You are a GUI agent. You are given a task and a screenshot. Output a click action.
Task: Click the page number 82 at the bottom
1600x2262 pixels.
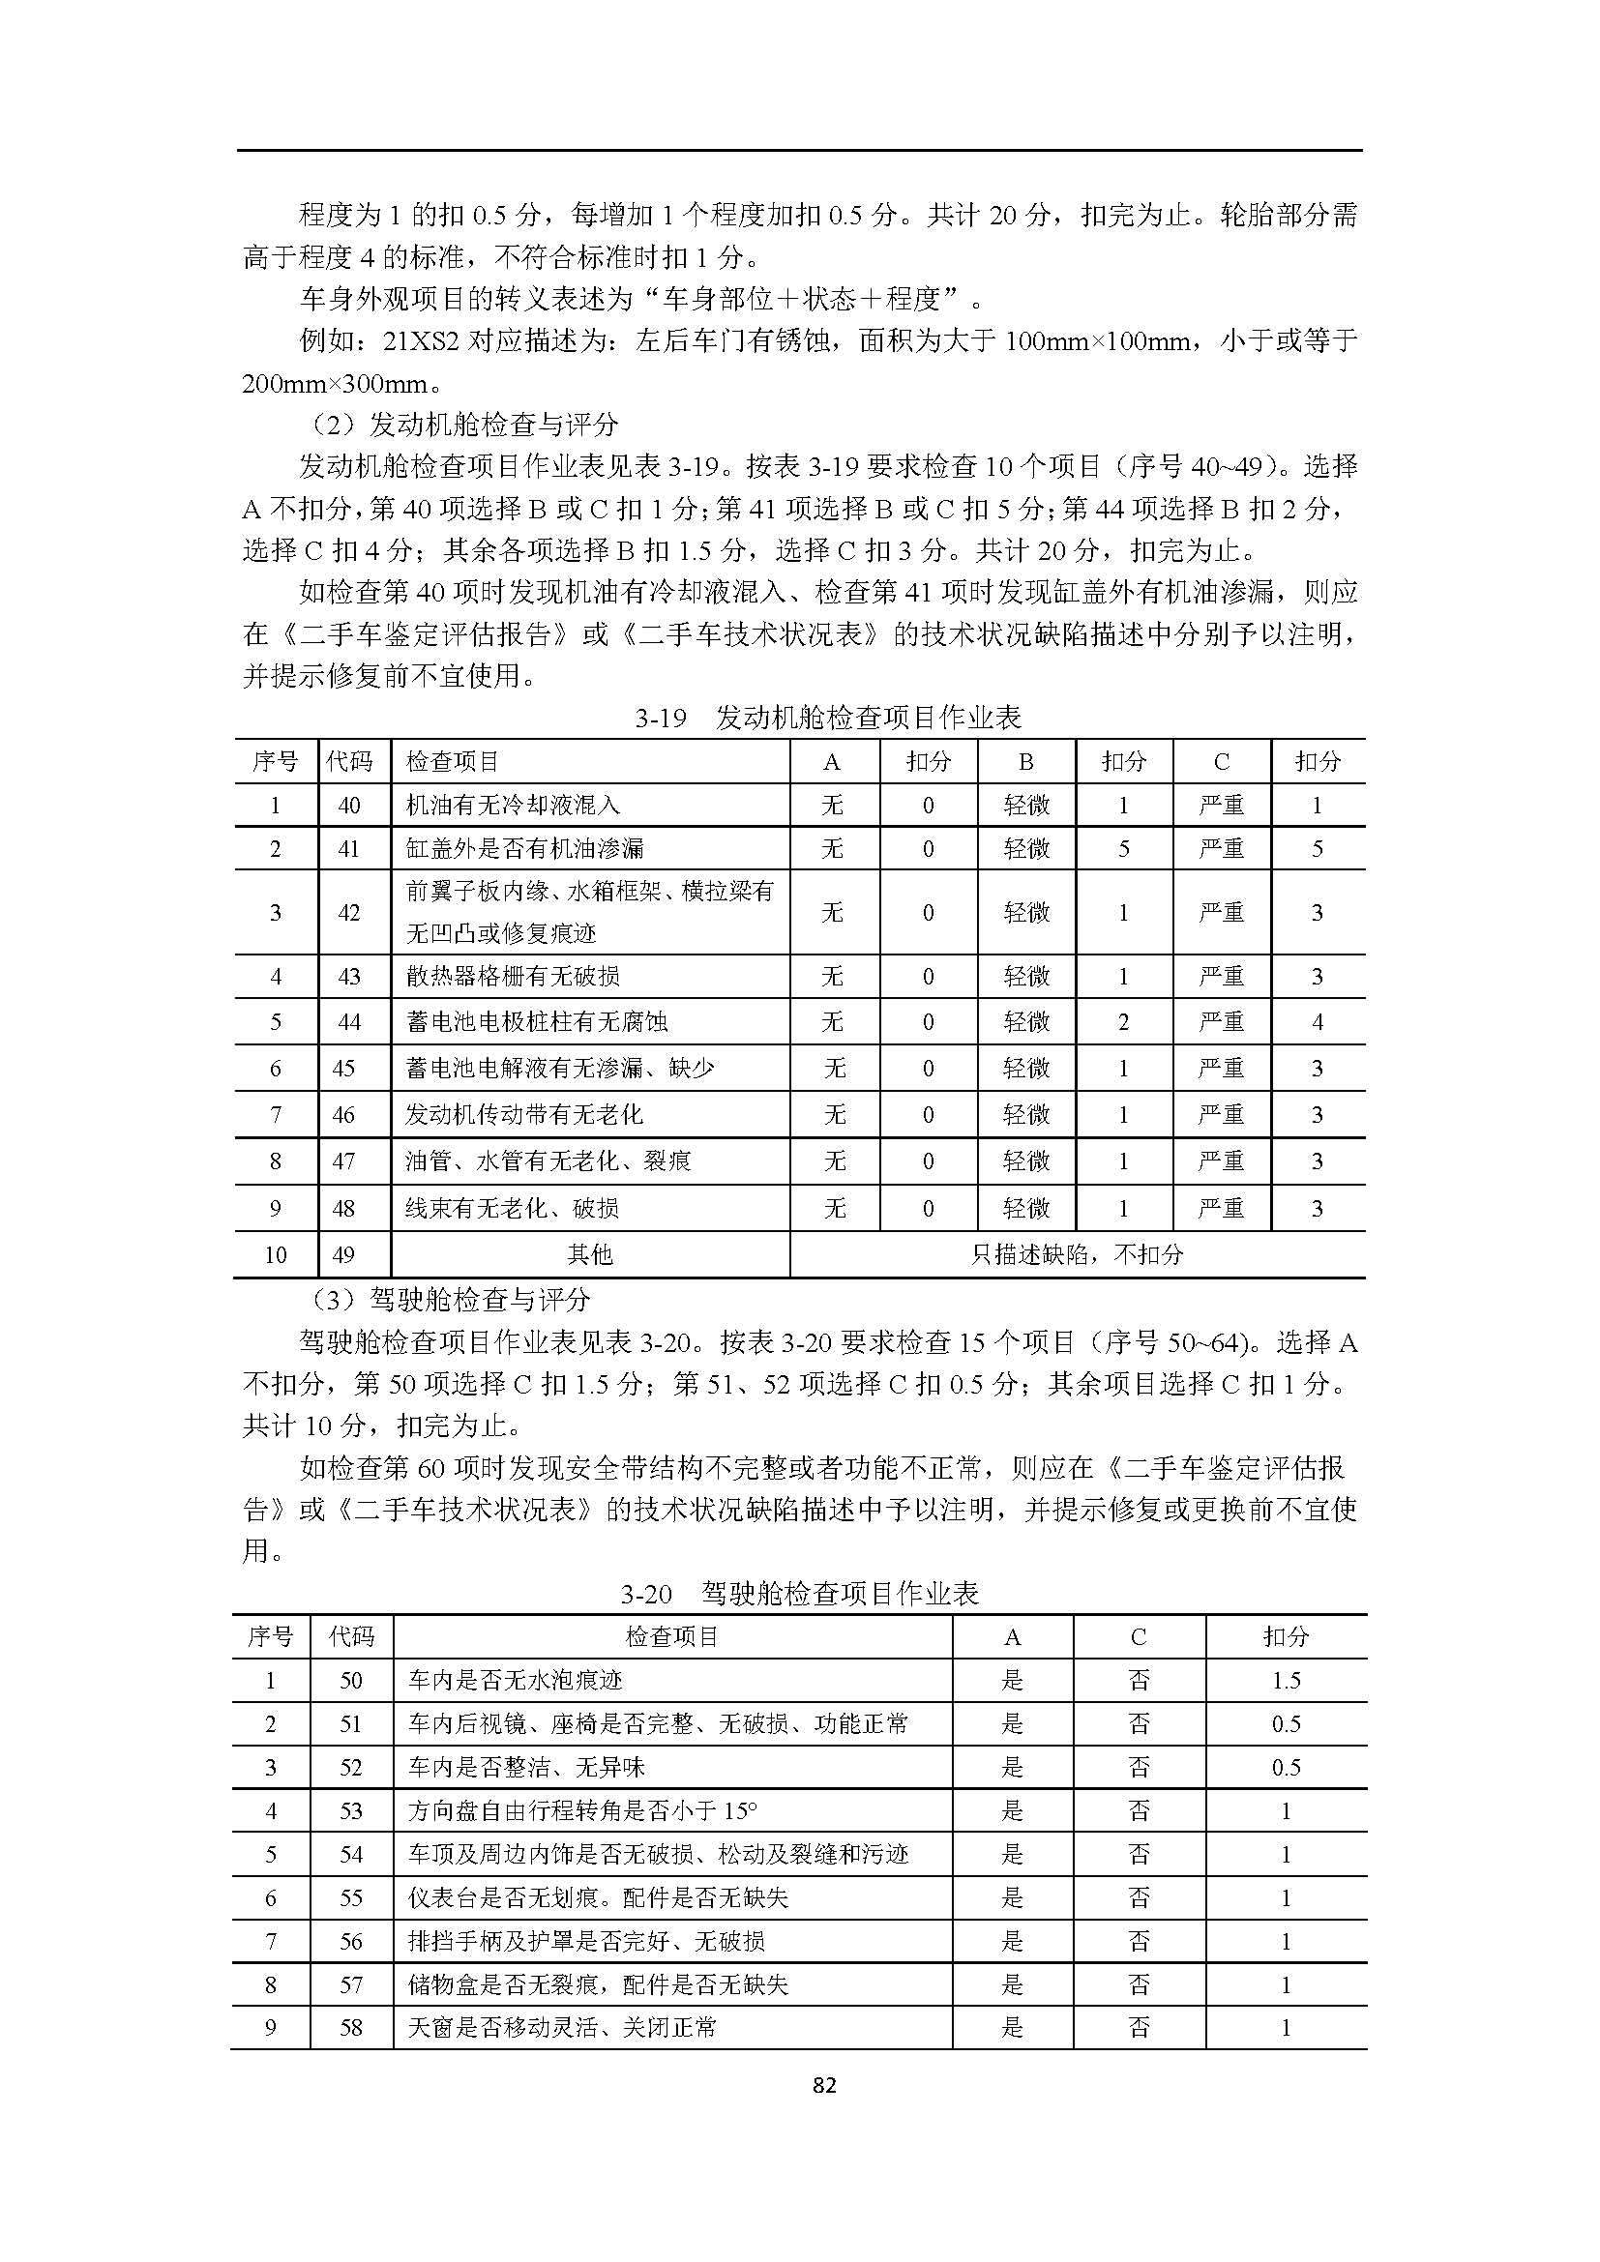(x=824, y=2084)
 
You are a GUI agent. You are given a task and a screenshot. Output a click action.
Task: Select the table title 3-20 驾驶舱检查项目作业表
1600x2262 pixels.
(x=799, y=1593)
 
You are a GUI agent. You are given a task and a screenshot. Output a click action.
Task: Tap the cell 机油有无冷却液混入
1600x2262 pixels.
(x=513, y=805)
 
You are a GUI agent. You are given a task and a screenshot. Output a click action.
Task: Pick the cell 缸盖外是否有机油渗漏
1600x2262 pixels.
(x=524, y=848)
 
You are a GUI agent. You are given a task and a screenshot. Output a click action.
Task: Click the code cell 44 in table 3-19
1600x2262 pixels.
(x=349, y=1021)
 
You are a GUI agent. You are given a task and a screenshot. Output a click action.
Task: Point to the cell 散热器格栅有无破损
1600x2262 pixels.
(x=513, y=977)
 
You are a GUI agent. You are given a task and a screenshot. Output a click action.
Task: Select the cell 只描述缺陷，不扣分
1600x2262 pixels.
(x=1077, y=1254)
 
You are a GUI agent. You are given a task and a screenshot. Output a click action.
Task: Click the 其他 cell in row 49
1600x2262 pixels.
(x=589, y=1254)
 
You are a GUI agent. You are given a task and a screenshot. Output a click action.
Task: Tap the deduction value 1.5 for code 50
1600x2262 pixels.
(x=1286, y=1681)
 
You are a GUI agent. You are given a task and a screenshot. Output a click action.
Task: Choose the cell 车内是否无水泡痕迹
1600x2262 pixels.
(x=516, y=1681)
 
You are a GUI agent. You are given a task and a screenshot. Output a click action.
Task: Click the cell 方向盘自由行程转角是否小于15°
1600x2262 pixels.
(x=582, y=1810)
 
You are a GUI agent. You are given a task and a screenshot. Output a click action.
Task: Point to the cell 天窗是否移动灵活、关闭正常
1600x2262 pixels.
(x=562, y=2028)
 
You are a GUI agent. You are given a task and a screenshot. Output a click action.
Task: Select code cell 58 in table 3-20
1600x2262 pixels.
(x=351, y=2028)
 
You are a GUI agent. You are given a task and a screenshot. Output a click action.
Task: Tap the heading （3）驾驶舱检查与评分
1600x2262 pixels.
(x=449, y=1300)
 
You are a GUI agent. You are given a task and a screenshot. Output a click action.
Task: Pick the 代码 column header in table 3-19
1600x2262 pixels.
(x=351, y=761)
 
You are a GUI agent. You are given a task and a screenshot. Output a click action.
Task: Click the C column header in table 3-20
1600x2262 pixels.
(x=1138, y=1637)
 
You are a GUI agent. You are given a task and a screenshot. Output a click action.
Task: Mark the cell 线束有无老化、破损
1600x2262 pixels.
(x=512, y=1208)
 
